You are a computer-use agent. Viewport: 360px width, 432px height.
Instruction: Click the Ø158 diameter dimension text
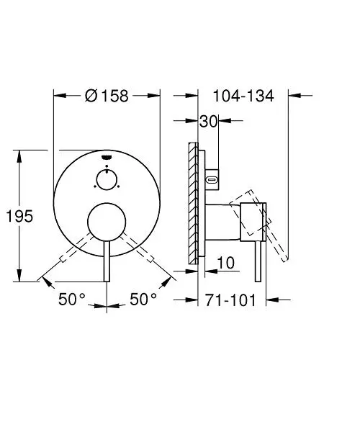(107, 96)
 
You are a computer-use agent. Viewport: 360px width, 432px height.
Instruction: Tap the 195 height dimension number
(19, 216)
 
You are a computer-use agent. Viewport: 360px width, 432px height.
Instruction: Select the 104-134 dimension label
(243, 96)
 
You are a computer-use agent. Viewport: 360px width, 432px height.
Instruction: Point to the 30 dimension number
(209, 121)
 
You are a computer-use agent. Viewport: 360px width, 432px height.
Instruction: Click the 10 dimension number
(226, 263)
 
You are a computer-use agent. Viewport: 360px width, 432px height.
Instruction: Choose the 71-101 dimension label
(230, 300)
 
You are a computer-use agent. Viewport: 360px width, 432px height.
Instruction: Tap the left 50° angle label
(72, 299)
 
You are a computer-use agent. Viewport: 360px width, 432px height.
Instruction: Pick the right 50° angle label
(143, 299)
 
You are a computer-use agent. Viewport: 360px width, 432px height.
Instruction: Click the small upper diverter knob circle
(107, 170)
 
